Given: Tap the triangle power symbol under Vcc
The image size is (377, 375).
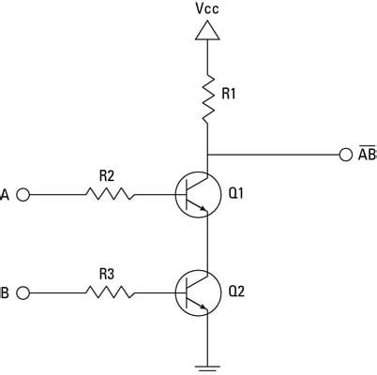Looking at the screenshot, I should pyautogui.click(x=206, y=32).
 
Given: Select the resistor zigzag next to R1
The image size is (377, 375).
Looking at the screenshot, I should pyautogui.click(x=206, y=97).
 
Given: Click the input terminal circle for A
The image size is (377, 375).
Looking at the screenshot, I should pyautogui.click(x=23, y=195).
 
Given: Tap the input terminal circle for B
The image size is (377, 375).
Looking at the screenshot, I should pyautogui.click(x=23, y=293).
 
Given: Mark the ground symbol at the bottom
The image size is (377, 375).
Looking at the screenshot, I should pyautogui.click(x=206, y=365).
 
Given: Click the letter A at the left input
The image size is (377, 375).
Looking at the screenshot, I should pyautogui.click(x=5, y=195).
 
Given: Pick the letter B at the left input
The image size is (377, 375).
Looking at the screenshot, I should pyautogui.click(x=5, y=293).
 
